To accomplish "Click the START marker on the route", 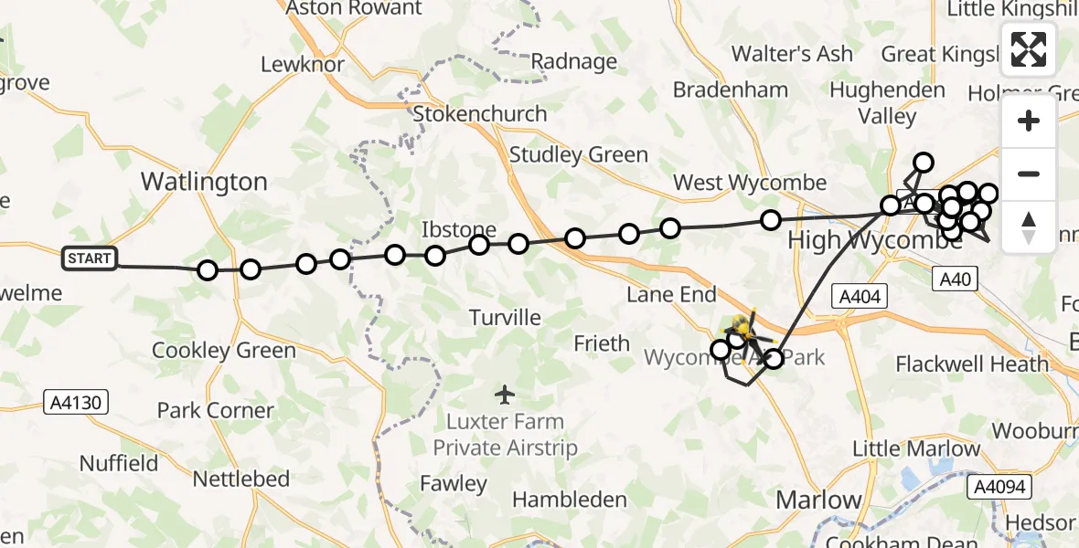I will coord(89,258).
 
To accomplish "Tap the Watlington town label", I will coord(204,182).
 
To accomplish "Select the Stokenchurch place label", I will coord(480,114).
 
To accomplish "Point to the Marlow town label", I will coord(818,500).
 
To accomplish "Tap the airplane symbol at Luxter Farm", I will coord(504,395).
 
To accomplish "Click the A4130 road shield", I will coord(77,400).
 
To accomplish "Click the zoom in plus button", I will coord(1029,121).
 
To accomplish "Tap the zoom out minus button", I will coord(1029,174).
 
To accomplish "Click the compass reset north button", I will coord(1029,226).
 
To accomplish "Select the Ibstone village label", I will coord(458,229).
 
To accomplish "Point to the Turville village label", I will coord(505,318).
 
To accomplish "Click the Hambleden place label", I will coord(570,500).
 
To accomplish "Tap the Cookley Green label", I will coord(224,350).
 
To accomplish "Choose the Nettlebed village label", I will coord(241,479).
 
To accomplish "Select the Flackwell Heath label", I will coord(972,364).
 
